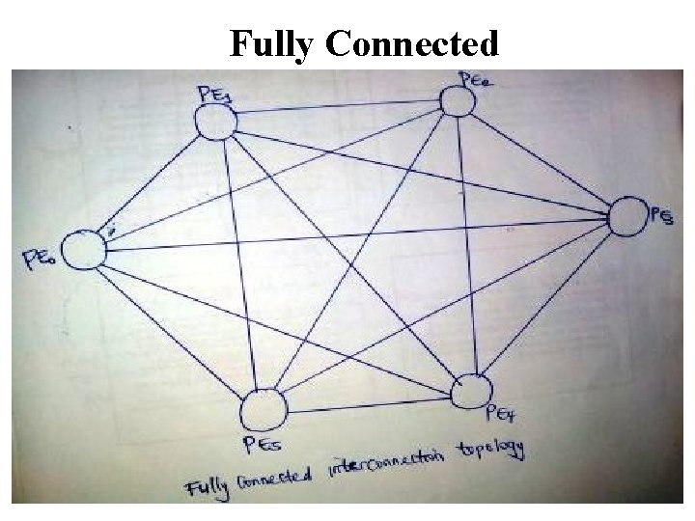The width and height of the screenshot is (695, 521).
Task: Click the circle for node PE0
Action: pos(85,251)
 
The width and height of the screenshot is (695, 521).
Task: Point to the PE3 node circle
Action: pos(626,216)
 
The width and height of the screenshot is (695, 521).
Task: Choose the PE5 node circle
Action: pos(265,408)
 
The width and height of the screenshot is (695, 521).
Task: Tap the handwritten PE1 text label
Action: pos(215,94)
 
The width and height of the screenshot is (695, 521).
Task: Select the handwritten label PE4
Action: pos(504,415)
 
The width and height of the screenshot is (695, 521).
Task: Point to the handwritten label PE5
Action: pos(262,445)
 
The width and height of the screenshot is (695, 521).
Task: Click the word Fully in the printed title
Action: pos(273,43)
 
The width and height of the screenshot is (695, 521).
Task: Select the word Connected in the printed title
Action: pos(412,43)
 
